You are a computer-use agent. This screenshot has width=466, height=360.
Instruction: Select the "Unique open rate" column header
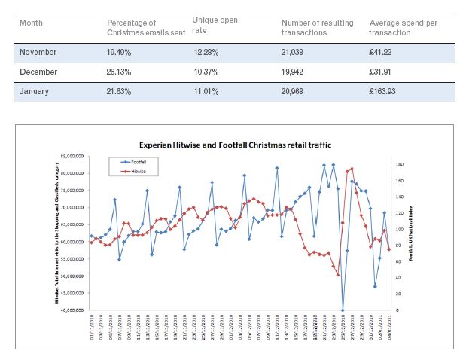point(215,24)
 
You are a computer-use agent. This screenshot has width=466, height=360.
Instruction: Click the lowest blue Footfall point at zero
point(343,310)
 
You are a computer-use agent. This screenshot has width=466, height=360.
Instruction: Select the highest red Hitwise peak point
point(352,169)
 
